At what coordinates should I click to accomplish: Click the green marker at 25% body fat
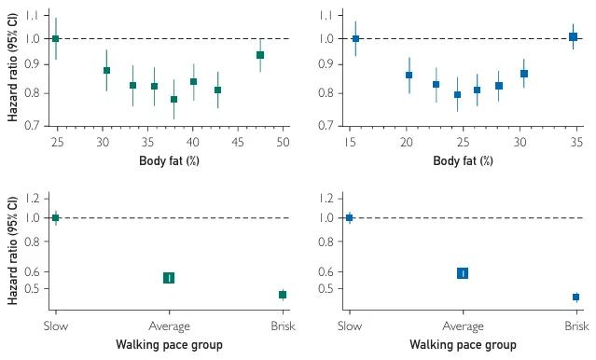pos(55,38)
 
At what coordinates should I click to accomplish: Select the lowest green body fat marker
pos(173,99)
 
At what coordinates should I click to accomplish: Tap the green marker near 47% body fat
pos(260,55)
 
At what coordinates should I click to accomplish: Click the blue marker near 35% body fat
pos(573,37)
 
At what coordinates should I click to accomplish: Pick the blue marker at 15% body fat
pos(355,38)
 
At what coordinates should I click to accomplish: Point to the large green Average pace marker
pos(169,278)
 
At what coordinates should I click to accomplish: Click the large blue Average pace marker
pos(463,273)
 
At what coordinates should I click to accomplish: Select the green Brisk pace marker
pos(283,295)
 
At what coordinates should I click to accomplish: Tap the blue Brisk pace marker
pos(575,297)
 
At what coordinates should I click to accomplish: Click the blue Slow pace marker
pos(350,218)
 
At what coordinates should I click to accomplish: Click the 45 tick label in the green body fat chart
pos(238,142)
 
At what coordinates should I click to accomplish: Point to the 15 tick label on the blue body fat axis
pos(350,142)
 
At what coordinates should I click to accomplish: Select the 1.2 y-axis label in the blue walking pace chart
pos(326,198)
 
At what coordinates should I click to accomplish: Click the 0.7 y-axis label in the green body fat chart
pos(33,125)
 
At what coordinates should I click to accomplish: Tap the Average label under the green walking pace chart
pos(169,326)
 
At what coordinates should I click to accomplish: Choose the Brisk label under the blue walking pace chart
pos(576,325)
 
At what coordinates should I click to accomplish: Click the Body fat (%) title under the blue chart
pos(463,160)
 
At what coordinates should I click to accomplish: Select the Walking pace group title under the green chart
pos(169,345)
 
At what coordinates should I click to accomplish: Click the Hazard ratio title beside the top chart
pos(12,67)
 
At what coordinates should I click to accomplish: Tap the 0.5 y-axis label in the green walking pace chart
pos(33,288)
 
